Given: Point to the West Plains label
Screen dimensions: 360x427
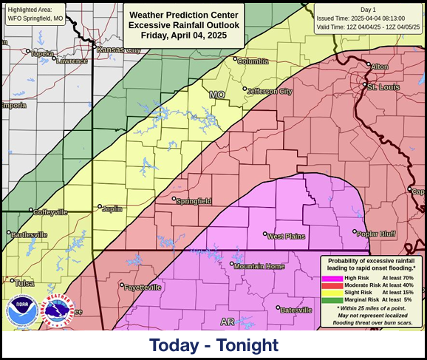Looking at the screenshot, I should (286, 236).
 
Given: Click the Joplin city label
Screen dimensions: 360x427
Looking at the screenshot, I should (112, 208).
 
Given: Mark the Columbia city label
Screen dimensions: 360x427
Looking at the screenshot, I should (253, 61).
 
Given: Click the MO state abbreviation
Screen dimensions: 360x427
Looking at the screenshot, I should (216, 95).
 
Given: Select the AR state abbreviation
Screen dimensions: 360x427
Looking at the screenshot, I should (228, 322).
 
